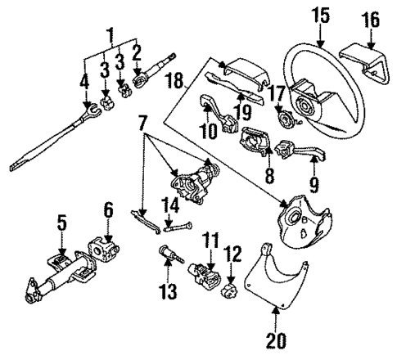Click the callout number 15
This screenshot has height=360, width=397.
pos(319,15)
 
